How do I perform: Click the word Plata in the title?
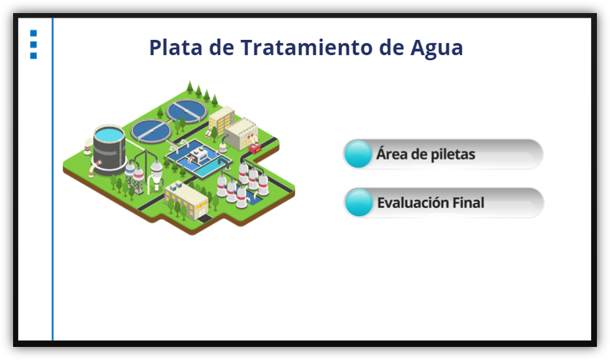point(176,48)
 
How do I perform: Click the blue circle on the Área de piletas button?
point(358,154)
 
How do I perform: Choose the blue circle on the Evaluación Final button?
point(359,202)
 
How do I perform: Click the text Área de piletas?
point(425,154)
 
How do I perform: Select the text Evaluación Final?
point(431,203)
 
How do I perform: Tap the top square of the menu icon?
point(33,33)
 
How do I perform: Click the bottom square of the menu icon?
point(33,56)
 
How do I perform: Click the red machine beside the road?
point(255,149)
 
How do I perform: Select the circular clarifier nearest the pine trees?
point(187,111)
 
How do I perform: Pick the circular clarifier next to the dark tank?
point(151,131)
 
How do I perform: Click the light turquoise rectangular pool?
point(209,170)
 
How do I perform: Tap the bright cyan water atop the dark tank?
point(109,134)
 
